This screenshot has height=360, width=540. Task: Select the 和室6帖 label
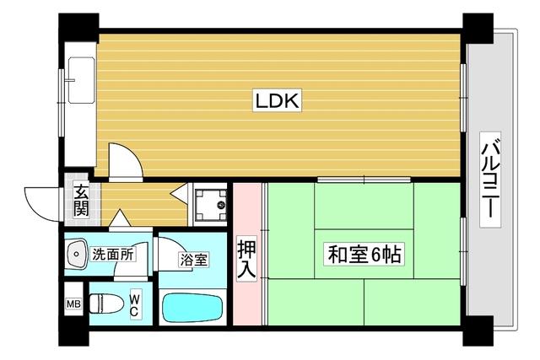[364, 254]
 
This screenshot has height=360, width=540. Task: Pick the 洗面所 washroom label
[114, 252]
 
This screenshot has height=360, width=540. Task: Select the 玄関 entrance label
[80, 201]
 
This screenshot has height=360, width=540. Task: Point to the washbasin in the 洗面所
[77, 253]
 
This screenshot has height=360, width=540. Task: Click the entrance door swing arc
[42, 201]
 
